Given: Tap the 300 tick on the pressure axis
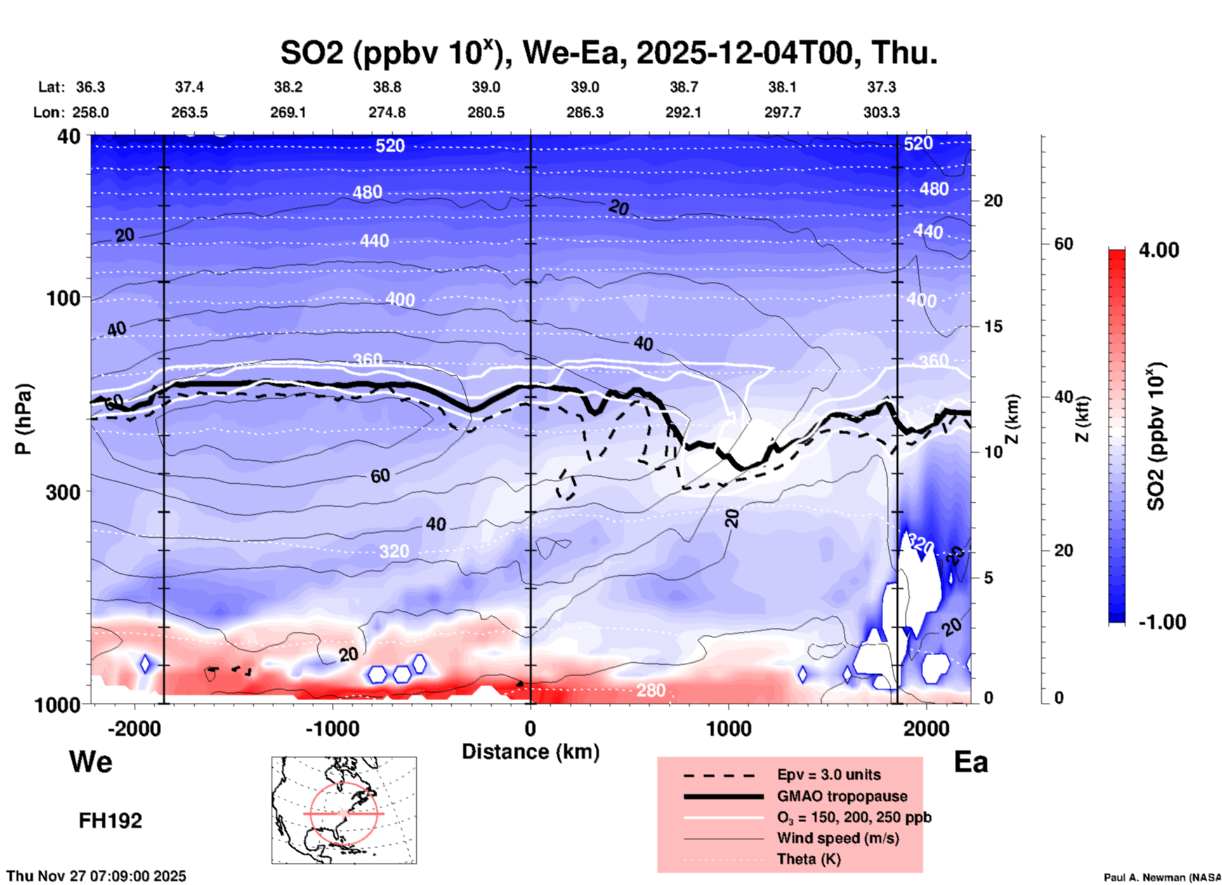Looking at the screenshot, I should coord(63,492).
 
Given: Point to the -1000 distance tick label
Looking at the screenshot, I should coord(332,728).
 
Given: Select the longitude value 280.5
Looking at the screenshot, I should coord(486,112).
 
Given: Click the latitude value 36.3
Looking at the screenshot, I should coord(90,87).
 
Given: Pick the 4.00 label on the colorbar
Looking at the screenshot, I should coord(1159,250).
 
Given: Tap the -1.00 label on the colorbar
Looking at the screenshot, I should coord(1162,622).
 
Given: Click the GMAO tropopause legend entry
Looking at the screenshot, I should coord(842,796).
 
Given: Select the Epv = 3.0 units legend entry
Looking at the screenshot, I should coord(829,775).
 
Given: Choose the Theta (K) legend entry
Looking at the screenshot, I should coord(808,859).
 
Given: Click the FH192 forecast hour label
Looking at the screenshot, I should coord(110,821).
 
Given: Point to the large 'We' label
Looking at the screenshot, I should coord(91,761).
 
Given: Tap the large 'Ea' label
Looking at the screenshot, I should coord(971,762).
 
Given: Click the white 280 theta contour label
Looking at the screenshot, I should coord(650,690).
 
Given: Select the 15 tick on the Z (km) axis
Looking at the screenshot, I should coord(992,326).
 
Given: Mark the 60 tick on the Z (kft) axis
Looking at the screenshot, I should coord(1063,244).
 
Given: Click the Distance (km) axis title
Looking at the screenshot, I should coord(530,752).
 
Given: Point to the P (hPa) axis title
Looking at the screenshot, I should coord(23,419).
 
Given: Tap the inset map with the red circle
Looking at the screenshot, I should coord(344,810).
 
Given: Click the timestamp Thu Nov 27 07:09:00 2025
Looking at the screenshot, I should coord(96,876).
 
